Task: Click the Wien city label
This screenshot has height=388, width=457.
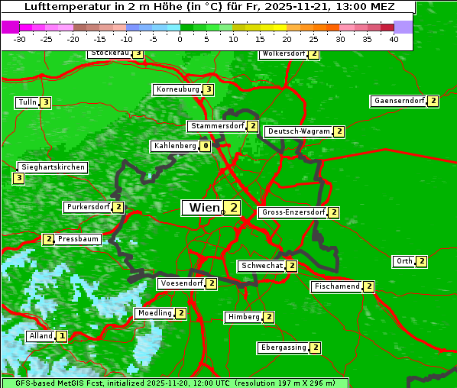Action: [203, 208]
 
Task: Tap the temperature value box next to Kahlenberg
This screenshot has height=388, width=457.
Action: [206, 146]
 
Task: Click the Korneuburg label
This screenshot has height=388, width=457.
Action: [177, 89]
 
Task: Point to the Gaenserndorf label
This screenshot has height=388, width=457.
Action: [398, 101]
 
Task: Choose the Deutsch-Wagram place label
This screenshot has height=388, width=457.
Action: [300, 131]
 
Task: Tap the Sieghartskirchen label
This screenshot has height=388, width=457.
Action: [52, 167]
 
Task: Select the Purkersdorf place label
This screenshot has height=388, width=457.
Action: [88, 207]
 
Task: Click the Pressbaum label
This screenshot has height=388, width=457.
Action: [78, 239]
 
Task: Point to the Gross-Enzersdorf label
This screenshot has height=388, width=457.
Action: [293, 212]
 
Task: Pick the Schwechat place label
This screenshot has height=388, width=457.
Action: [261, 266]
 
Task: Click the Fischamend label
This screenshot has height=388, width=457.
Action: [336, 286]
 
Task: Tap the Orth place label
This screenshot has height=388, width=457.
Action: [404, 261]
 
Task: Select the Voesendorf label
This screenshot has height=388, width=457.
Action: [181, 283]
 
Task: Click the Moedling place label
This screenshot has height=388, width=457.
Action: [154, 313]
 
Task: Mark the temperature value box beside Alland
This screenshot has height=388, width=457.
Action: [62, 336]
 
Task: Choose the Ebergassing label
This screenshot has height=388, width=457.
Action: [284, 348]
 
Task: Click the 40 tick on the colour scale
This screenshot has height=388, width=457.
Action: [394, 40]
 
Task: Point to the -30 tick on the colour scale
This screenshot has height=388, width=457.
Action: [20, 40]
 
